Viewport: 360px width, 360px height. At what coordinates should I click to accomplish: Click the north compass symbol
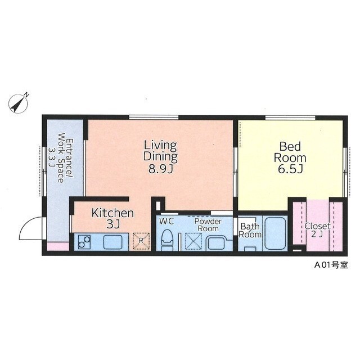click(x=19, y=103)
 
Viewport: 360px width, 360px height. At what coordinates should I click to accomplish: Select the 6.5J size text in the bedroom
click(x=290, y=169)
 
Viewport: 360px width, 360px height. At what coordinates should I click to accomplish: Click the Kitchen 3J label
click(x=112, y=218)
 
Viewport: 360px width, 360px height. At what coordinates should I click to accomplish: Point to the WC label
click(x=166, y=222)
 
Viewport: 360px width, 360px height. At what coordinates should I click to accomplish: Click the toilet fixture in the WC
click(x=167, y=240)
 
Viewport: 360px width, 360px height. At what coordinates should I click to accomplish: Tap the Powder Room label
click(x=208, y=225)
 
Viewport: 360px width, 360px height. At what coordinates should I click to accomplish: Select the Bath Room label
click(x=250, y=230)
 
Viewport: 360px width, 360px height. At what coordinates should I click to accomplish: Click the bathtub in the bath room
click(x=275, y=233)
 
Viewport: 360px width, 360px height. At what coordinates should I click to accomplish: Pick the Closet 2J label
click(x=317, y=230)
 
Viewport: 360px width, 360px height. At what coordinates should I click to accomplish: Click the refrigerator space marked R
click(x=141, y=241)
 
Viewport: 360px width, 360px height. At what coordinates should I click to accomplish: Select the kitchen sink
click(x=112, y=242)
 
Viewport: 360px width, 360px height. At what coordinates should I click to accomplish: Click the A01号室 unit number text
click(x=331, y=265)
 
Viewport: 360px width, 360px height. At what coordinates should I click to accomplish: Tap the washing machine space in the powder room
click(x=193, y=241)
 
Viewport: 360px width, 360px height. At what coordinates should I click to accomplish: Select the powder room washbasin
click(x=216, y=243)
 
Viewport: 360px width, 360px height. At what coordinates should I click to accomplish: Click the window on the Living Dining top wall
click(x=154, y=118)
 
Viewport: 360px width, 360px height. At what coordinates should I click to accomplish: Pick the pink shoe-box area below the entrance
click(x=58, y=246)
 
